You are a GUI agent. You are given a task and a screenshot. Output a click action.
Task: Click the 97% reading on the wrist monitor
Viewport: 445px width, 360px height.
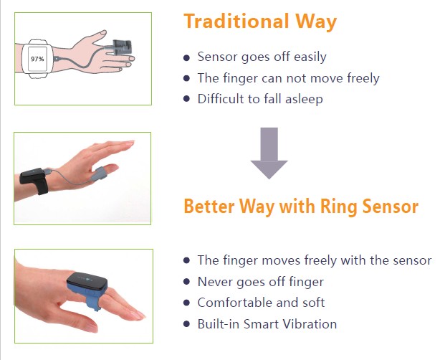point(37,59)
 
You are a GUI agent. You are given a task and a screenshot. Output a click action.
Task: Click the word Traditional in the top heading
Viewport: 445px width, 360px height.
point(236,22)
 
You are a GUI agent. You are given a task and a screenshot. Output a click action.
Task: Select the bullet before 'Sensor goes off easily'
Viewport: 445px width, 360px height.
point(186,57)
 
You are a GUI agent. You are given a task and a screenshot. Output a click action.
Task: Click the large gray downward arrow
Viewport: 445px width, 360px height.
point(269,153)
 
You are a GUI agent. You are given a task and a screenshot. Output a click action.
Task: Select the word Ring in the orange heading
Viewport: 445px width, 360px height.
point(338,207)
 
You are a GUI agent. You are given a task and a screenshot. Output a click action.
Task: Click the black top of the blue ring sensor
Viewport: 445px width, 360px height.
point(87,281)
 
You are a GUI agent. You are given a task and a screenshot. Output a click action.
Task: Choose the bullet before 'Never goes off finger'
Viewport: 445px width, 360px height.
point(186,281)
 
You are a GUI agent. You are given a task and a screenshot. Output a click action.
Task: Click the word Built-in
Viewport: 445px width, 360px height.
point(219,324)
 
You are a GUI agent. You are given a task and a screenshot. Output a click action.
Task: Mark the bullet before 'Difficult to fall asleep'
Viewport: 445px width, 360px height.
point(186,99)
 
